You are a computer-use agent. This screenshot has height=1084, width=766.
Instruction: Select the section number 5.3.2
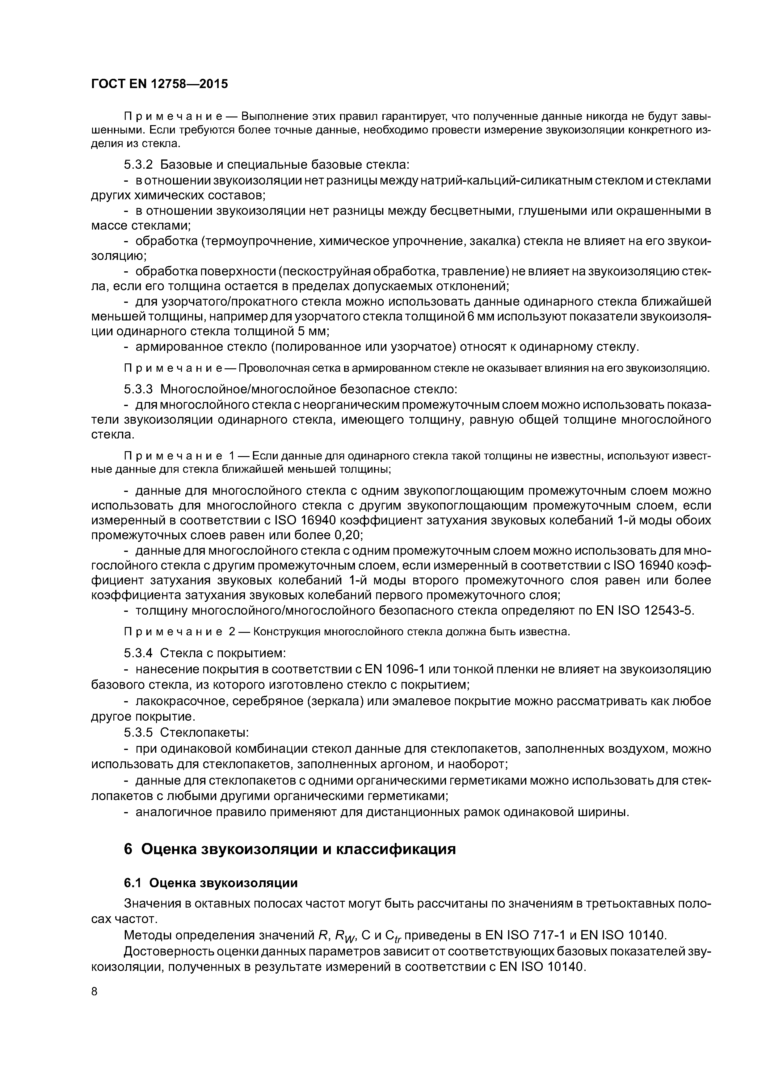tap(138, 165)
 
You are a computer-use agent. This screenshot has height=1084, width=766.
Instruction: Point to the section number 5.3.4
tap(138, 654)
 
